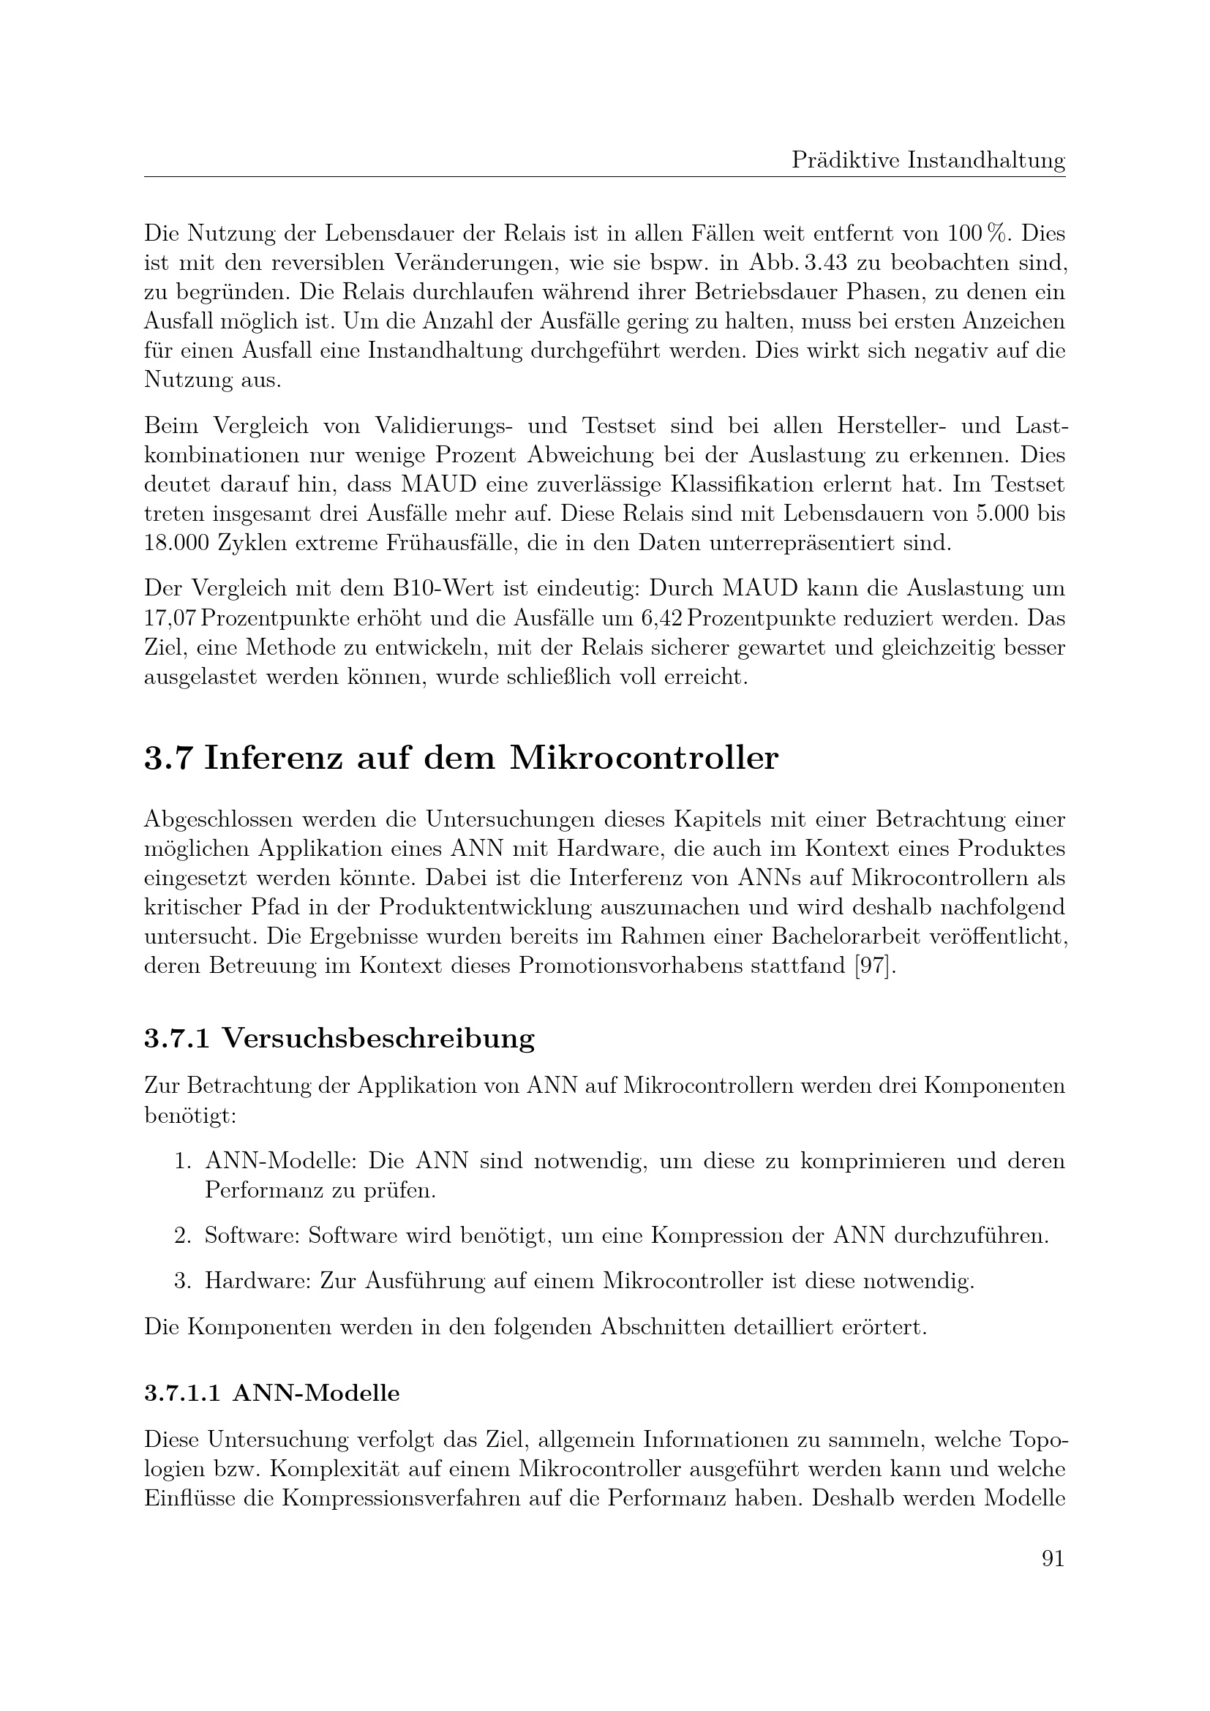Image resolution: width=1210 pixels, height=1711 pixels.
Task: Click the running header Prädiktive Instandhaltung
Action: (x=928, y=160)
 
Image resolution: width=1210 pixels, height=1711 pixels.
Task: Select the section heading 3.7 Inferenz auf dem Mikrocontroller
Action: (x=460, y=759)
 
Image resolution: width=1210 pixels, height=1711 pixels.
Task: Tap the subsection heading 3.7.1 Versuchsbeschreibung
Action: (x=339, y=1038)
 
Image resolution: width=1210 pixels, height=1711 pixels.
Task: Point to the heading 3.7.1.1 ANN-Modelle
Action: (x=272, y=1393)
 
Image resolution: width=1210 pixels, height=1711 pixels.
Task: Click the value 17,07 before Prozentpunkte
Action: (x=169, y=619)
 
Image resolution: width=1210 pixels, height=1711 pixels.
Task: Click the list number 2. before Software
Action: (x=184, y=1236)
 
